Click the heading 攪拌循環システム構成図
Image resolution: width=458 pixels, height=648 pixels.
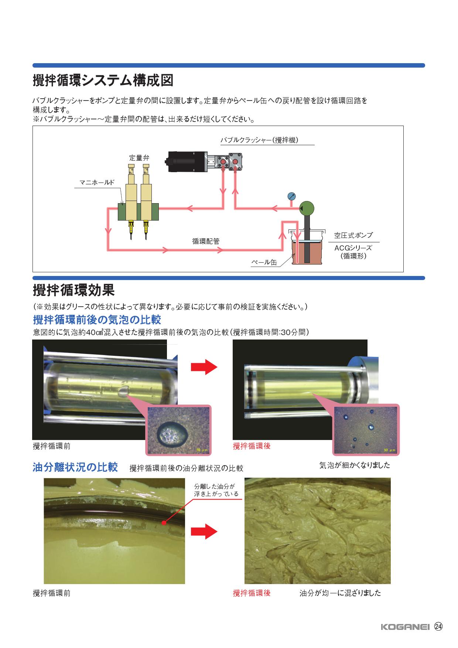103,81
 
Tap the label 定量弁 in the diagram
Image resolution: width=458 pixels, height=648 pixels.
139,157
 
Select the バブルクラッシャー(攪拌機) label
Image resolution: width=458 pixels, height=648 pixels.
259,140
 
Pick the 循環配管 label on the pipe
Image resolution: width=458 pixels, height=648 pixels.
206,241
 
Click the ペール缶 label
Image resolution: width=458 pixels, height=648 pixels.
264,263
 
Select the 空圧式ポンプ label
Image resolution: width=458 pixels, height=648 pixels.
353,235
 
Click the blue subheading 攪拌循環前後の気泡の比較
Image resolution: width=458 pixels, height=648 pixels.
97,319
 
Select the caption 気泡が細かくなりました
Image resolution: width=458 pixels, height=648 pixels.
355,465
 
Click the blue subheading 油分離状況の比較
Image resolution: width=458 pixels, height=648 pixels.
75,467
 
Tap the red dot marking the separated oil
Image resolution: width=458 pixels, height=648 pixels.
163,522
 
